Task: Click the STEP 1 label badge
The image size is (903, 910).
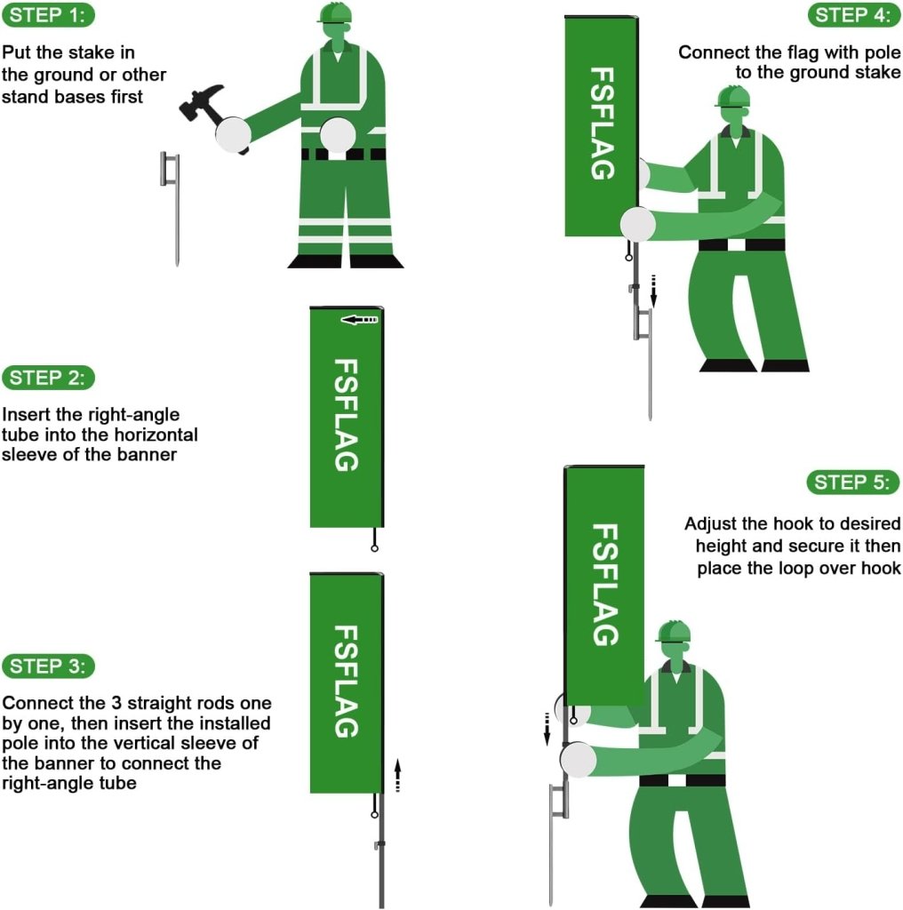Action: coord(49,15)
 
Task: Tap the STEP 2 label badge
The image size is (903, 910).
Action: coord(49,377)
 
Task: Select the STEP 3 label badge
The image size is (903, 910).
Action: coord(49,666)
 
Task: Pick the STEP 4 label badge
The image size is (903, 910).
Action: coord(853,15)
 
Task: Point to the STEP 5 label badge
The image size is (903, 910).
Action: coord(853,483)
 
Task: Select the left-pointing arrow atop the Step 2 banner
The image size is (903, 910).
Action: coord(359,319)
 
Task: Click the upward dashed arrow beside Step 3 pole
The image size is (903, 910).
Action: coord(397,775)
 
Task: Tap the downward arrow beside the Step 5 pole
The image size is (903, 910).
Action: coord(547,725)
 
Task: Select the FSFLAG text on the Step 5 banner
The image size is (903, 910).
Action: coord(604,584)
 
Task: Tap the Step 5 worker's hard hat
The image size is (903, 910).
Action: coord(674,631)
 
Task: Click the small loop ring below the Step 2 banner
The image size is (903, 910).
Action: coord(375,548)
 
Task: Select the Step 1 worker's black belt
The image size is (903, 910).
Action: coord(343,154)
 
